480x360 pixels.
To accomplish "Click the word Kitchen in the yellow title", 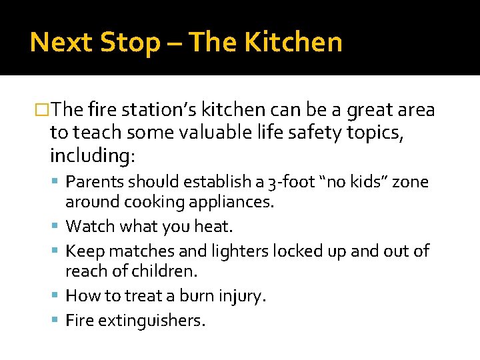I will (x=293, y=43).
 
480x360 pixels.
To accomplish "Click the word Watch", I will (x=91, y=227).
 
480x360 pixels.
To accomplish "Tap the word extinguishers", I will (x=152, y=321).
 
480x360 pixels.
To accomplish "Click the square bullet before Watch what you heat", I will (x=59, y=227).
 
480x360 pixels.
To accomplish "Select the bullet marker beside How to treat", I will (x=59, y=296).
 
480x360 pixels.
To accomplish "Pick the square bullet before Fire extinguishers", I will (x=59, y=321).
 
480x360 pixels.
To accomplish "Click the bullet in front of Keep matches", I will (x=59, y=251).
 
